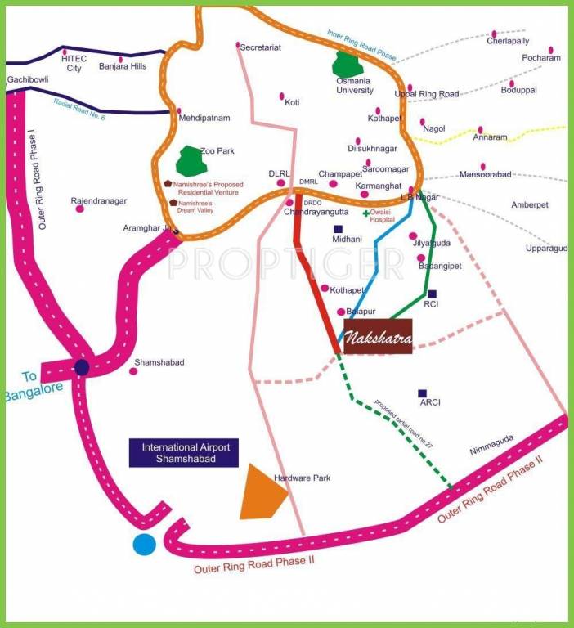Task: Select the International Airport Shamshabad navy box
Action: [x=186, y=453]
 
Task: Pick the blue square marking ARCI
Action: [x=422, y=393]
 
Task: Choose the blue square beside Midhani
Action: [x=338, y=229]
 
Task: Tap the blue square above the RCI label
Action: [x=432, y=294]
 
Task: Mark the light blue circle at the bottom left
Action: [x=145, y=544]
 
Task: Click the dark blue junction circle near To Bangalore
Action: [x=82, y=367]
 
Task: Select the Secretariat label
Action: [x=260, y=47]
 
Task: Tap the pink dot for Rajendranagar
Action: [x=80, y=209]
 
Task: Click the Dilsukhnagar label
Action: [x=372, y=149]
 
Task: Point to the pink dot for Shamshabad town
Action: [x=133, y=371]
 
